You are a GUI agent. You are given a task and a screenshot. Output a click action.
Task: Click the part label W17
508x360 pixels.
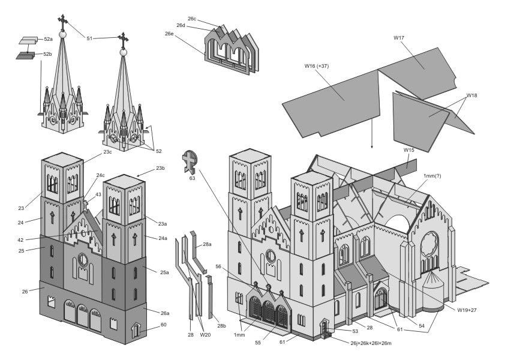coord(399,38)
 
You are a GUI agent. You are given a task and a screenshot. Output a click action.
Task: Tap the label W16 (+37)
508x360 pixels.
coord(318,65)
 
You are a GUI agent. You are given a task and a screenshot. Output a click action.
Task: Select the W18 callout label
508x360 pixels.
coord(472,96)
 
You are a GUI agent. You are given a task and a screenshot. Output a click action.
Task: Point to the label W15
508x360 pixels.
coord(408,150)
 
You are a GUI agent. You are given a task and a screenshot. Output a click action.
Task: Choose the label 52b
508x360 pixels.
coord(48,54)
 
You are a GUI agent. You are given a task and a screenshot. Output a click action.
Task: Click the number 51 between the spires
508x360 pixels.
coord(89,38)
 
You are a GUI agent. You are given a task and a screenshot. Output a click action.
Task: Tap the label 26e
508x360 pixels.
coord(170,34)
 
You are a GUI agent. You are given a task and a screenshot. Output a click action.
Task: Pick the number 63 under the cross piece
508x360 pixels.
coord(192,178)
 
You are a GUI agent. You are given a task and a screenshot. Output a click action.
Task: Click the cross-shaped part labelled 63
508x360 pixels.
coord(190,161)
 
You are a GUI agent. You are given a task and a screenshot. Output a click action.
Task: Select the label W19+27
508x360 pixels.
coord(469,310)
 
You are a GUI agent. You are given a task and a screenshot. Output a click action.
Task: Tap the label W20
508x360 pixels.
coord(205,335)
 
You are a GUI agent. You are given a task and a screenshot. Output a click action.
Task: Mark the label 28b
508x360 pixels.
coord(222,326)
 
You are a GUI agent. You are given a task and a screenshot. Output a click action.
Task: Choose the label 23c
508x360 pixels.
coord(108,152)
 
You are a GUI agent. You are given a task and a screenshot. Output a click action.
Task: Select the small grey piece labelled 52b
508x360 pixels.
coord(25,55)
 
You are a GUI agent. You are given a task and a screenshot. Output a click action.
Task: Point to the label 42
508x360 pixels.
coord(20,239)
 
